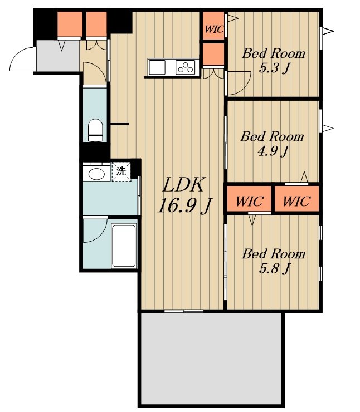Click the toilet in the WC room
coord(95,130)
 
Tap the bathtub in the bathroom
coord(124,246)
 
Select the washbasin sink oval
coord(96,174)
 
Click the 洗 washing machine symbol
coord(121,171)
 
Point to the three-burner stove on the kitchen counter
coord(186,67)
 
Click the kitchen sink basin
coord(157,67)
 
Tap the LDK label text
coord(183,185)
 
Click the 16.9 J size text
coord(185,205)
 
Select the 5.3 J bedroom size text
coord(274,68)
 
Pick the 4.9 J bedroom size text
coord(273,151)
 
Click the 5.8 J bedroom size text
coord(274,268)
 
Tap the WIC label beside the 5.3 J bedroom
coord(215,29)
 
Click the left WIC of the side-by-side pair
coord(249,202)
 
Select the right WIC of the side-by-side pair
coord(296,202)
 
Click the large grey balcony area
coord(211,359)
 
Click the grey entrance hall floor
coord(58,56)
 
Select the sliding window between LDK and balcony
coord(184,311)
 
